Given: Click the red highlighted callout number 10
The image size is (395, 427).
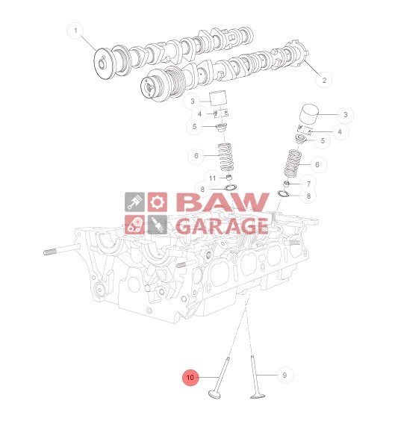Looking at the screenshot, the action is [x=190, y=378].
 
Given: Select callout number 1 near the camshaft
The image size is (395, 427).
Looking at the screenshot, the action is [x=75, y=31].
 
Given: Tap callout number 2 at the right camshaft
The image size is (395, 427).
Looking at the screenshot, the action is [x=324, y=80].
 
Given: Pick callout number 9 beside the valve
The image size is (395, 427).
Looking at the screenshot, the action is [x=285, y=375].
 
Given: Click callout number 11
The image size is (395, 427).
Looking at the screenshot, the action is [x=213, y=178].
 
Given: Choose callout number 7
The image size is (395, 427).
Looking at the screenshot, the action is [x=308, y=184].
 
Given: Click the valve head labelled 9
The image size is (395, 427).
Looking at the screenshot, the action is [x=258, y=396].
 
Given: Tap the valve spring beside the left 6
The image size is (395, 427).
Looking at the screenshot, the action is [x=226, y=158].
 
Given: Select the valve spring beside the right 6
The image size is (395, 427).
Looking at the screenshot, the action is [x=293, y=164].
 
